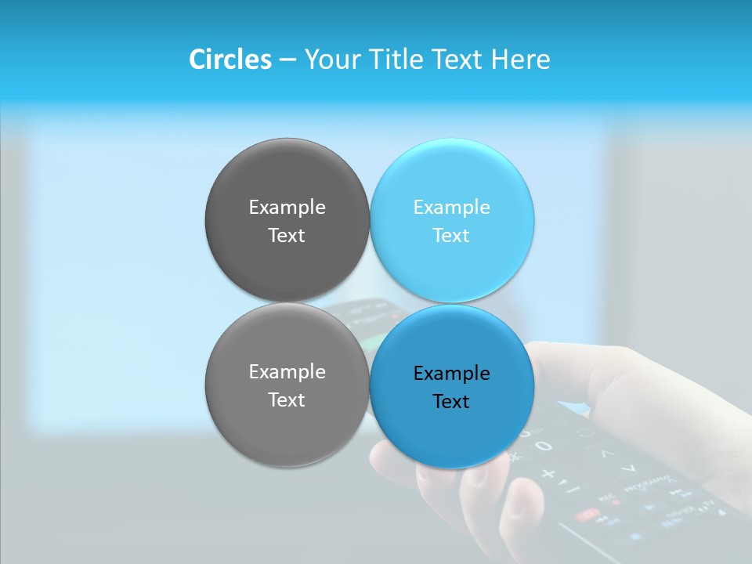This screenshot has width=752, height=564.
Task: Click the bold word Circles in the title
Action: click(230, 60)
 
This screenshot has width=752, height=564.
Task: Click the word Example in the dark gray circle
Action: click(287, 208)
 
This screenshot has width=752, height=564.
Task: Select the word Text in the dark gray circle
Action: click(287, 236)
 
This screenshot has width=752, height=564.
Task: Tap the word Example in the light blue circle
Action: click(451, 208)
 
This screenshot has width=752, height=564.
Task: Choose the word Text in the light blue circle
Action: click(451, 236)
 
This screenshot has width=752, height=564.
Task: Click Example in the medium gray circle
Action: click(287, 372)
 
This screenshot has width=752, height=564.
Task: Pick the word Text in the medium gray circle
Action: click(287, 400)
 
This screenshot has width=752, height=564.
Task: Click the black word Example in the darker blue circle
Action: click(451, 374)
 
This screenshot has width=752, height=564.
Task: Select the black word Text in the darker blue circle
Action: click(451, 402)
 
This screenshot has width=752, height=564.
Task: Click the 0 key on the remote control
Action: click(544, 446)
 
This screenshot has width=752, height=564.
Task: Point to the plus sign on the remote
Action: click(548, 474)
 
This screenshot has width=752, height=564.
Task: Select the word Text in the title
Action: click(459, 60)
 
